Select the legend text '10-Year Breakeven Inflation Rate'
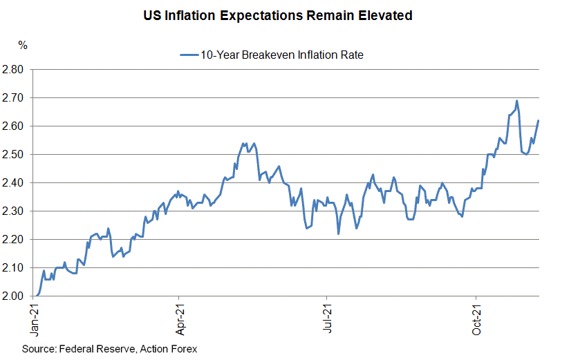[281, 55]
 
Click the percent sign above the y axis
[23, 46]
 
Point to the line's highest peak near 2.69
[516, 101]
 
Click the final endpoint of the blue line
[538, 121]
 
